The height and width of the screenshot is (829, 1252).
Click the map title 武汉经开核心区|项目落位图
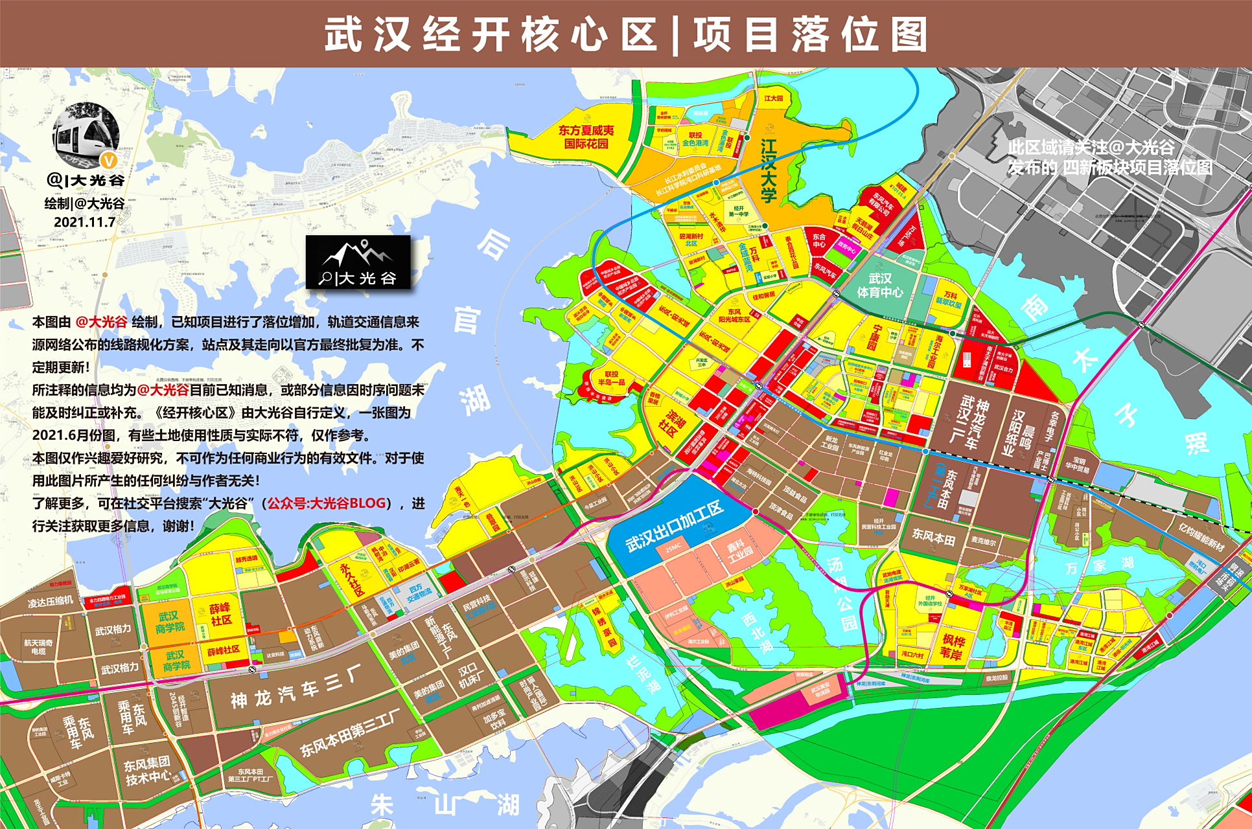tap(626, 34)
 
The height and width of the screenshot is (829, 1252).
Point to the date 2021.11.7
tap(84, 222)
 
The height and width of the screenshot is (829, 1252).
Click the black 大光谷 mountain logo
tap(358, 262)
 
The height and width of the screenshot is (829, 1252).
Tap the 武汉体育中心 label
tap(879, 286)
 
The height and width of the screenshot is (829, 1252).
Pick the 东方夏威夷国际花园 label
tap(586, 137)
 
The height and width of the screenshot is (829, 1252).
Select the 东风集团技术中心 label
tap(147, 771)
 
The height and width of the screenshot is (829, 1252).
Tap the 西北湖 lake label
tap(757, 632)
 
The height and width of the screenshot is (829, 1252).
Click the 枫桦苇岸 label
tap(953, 647)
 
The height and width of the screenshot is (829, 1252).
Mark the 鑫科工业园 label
tap(739, 551)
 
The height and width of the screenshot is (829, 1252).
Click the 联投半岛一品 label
tap(611, 378)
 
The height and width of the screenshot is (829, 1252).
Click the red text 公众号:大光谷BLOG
tap(327, 503)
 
